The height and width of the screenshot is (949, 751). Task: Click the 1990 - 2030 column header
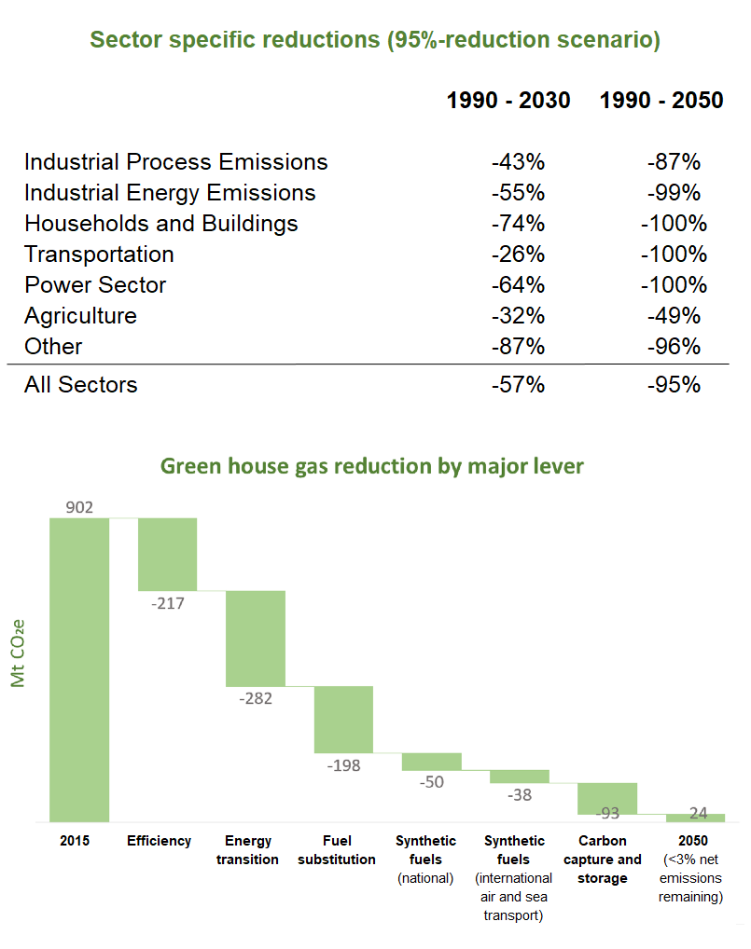[508, 100]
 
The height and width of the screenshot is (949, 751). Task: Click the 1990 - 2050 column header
[661, 100]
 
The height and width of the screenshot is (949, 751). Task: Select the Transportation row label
[99, 254]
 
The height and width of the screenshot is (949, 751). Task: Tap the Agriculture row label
[80, 316]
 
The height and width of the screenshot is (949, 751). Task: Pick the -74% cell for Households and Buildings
[518, 224]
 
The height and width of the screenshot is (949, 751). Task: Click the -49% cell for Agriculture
[673, 316]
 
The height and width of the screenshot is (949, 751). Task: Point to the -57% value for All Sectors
[518, 384]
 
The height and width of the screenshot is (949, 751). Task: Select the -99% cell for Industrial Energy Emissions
[673, 193]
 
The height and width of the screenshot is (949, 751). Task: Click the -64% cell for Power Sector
[518, 285]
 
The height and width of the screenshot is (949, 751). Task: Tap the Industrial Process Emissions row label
[175, 162]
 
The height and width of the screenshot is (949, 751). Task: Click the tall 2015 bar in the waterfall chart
[79, 669]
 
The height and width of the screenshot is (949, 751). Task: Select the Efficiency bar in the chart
[168, 554]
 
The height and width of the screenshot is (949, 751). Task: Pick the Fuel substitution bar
[343, 719]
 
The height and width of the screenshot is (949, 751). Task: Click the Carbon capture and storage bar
[607, 798]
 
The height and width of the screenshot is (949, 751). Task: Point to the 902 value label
[79, 508]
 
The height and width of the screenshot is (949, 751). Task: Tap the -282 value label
[256, 697]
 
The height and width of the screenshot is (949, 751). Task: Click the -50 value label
[431, 782]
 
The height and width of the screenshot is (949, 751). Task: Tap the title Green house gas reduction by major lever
[372, 465]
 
